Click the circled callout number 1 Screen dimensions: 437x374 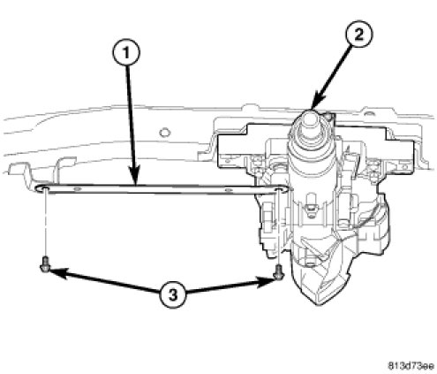coord(126,53)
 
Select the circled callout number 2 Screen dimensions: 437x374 coord(358,35)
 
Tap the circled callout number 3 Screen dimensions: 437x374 coord(173,294)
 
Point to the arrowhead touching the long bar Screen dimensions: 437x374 coord(135,176)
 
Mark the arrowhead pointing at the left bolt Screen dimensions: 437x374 coord(58,271)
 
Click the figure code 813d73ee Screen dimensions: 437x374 coord(411,366)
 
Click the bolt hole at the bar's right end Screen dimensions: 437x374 coord(279,188)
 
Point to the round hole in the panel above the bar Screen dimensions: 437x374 coord(164,133)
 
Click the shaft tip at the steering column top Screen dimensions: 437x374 coord(310,116)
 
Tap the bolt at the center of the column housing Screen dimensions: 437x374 coord(310,209)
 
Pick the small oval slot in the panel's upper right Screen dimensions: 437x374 coord(367,113)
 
